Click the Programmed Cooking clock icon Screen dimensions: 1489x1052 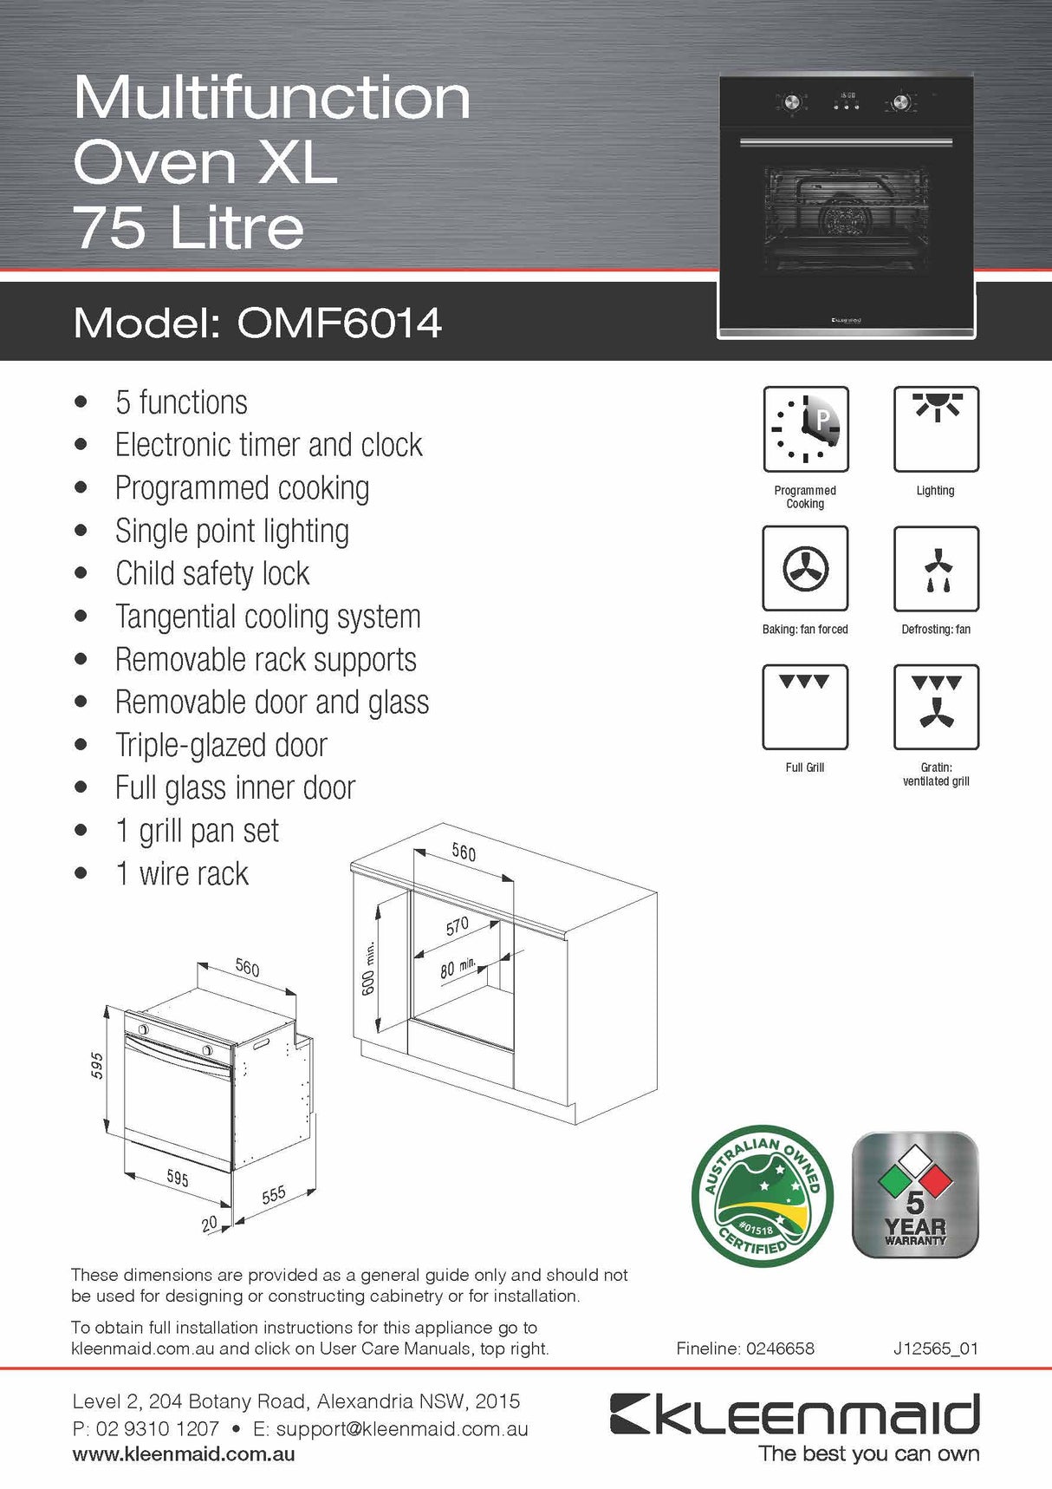click(x=805, y=429)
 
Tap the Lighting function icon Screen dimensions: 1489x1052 click(x=936, y=429)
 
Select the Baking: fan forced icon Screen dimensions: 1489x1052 click(x=805, y=568)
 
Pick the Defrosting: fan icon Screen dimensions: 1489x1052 click(x=936, y=568)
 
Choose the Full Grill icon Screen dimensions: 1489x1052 click(x=805, y=706)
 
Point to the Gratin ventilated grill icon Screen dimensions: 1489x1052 click(x=936, y=706)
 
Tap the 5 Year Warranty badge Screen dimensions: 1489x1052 click(x=915, y=1195)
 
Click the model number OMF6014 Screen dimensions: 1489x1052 click(x=339, y=323)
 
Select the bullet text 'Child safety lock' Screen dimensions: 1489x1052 click(x=212, y=574)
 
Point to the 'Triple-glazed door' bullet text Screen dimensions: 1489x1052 click(x=221, y=746)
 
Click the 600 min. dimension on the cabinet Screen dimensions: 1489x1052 click(x=369, y=968)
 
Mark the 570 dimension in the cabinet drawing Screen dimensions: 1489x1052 click(x=458, y=926)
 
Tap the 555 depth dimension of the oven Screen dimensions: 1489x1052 click(x=274, y=1195)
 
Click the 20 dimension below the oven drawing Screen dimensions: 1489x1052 click(x=210, y=1224)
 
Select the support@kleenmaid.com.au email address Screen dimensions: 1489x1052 click(x=402, y=1428)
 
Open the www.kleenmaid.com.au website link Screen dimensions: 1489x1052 click(x=184, y=1454)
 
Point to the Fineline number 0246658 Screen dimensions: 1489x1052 click(x=779, y=1349)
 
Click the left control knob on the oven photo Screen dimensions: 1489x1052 click(x=792, y=103)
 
